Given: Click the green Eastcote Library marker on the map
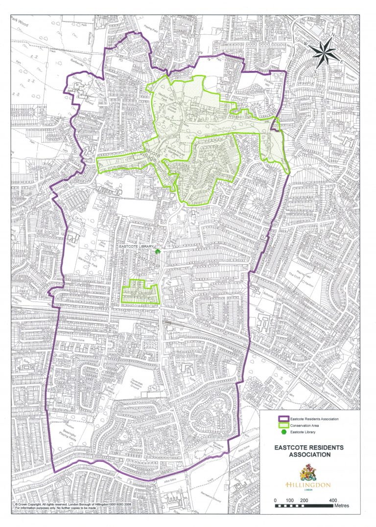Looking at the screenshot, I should click(158, 252).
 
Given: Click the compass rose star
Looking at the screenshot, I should click(324, 51).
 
